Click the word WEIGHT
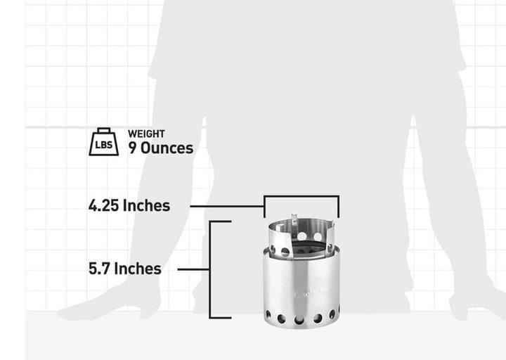tap(146, 134)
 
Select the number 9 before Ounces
tap(133, 148)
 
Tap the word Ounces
tap(167, 148)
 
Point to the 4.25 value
tap(103, 206)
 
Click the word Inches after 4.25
tap(146, 206)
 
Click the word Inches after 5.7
tap(137, 269)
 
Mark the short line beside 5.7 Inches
tap(194, 269)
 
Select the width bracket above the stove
tap(301, 198)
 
